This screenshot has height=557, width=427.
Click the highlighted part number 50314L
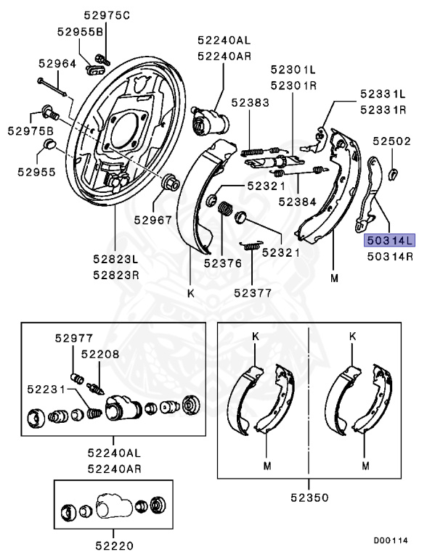390,241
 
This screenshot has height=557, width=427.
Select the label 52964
57,64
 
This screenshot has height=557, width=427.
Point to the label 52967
153,220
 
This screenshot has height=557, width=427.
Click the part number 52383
250,103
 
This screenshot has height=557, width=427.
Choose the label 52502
391,141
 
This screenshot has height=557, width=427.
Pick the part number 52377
253,293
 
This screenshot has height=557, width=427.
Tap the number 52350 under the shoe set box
309,498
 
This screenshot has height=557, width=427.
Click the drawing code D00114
391,540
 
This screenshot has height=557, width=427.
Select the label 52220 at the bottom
114,545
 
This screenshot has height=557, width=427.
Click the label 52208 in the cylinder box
100,354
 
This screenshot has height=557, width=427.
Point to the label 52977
74,338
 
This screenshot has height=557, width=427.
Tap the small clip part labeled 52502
392,174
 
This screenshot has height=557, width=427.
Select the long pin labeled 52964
52,87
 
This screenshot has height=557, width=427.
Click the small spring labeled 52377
251,245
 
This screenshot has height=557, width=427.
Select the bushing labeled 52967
171,183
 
